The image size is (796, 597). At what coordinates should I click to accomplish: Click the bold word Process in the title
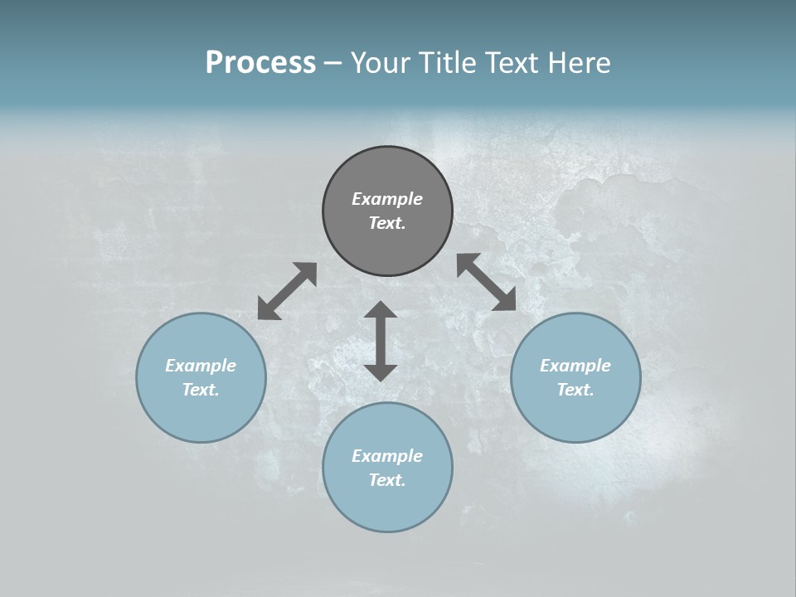tap(260, 63)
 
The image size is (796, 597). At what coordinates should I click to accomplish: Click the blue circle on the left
tap(201, 415)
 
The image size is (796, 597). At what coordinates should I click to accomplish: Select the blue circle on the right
tap(575, 415)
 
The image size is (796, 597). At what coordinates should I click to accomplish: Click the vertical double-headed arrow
tap(381, 341)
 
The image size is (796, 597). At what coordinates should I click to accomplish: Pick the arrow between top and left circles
tap(287, 291)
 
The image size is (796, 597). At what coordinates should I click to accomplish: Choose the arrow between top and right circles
tap(487, 282)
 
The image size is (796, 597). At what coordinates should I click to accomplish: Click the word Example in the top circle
tap(387, 199)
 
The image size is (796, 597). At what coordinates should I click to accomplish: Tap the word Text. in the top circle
tap(387, 223)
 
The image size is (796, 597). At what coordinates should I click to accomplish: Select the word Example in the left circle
tap(201, 366)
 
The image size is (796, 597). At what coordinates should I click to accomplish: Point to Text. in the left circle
tap(201, 390)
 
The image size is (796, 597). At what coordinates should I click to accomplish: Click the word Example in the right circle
tap(575, 366)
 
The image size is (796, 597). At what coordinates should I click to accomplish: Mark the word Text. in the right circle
tap(575, 390)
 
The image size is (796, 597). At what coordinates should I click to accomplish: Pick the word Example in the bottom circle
tap(387, 456)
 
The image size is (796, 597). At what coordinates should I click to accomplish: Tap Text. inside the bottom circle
tap(387, 480)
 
